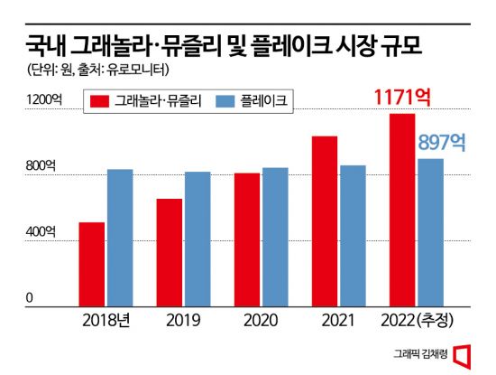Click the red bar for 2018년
pos(92,265)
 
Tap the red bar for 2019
pos(170,253)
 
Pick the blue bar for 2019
pos(197,239)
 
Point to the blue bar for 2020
pos(275,238)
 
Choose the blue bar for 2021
pos(353,237)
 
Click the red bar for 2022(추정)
pos(402,211)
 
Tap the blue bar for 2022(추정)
pos(430,233)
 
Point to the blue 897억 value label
pos(441,142)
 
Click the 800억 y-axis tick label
pos(40,167)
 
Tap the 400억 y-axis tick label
pos(40,232)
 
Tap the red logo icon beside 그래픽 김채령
pos(464,354)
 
